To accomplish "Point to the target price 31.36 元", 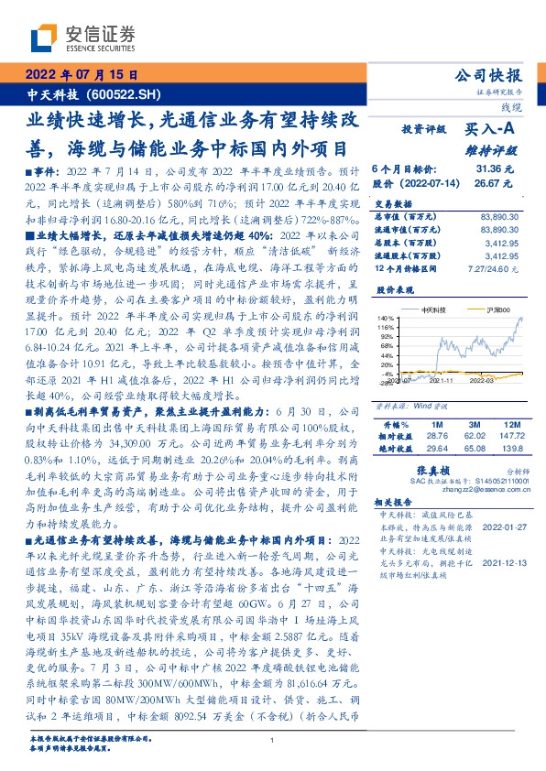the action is coord(496,169).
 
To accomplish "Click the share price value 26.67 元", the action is coord(496,183).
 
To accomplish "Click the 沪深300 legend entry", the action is coord(497,311).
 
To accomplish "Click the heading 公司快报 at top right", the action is coord(501,75).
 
